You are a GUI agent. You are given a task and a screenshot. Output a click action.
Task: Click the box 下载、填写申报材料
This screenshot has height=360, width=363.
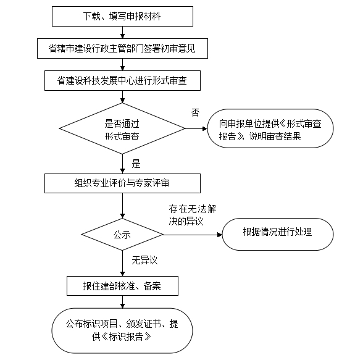click(x=122, y=16)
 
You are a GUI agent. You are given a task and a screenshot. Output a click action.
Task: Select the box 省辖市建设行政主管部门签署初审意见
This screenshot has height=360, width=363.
click(x=122, y=48)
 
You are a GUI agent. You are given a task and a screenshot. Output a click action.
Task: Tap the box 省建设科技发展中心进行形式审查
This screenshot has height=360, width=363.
click(x=122, y=80)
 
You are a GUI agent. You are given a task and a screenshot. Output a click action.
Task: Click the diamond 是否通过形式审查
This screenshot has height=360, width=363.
click(x=122, y=129)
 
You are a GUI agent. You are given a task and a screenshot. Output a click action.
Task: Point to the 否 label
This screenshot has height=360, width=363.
click(x=195, y=112)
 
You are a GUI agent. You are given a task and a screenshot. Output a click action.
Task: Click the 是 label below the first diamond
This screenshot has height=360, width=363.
click(x=136, y=164)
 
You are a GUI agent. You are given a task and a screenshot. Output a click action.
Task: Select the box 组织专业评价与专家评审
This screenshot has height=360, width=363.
click(x=122, y=183)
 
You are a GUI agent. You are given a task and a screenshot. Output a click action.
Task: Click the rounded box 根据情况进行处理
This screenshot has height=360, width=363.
click(x=278, y=233)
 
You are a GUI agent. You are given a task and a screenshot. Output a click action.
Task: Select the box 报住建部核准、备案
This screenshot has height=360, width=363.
click(x=122, y=285)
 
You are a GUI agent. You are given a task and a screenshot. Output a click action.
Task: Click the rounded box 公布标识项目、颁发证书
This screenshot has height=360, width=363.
click(x=122, y=330)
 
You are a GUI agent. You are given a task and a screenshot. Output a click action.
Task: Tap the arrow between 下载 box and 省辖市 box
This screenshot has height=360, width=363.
click(x=122, y=32)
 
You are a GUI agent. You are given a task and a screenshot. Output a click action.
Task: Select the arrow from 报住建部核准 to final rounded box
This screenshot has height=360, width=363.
click(x=122, y=301)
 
